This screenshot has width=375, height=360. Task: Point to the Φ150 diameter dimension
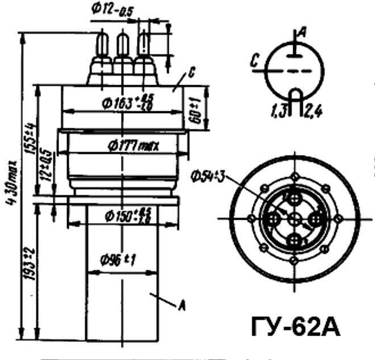(x=126, y=215)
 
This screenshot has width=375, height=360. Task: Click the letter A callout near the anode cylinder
(x=182, y=307)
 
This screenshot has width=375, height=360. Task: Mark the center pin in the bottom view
(x=294, y=219)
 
